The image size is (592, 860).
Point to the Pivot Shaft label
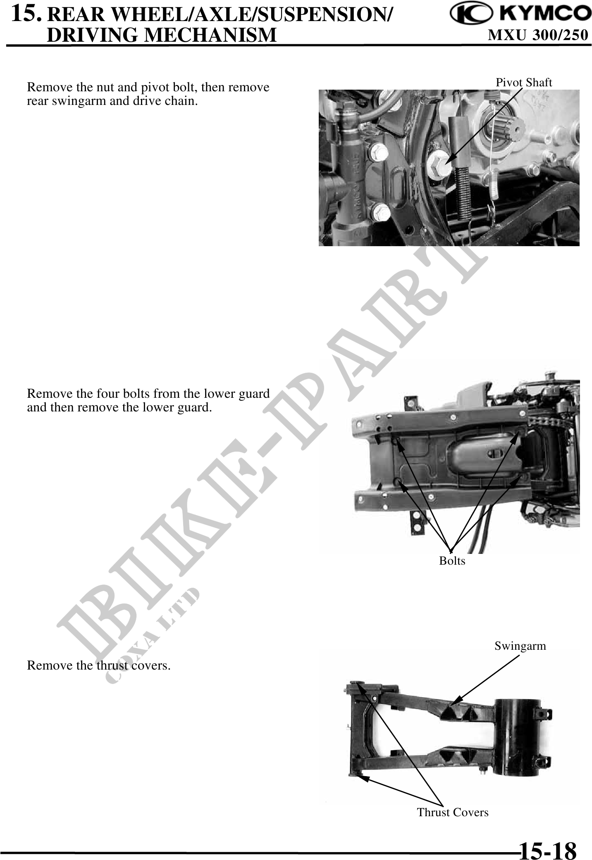coord(524,83)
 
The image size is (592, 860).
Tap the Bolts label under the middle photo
coord(452,561)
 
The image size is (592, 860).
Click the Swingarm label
coord(520,646)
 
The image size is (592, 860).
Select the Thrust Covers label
coord(453,812)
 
